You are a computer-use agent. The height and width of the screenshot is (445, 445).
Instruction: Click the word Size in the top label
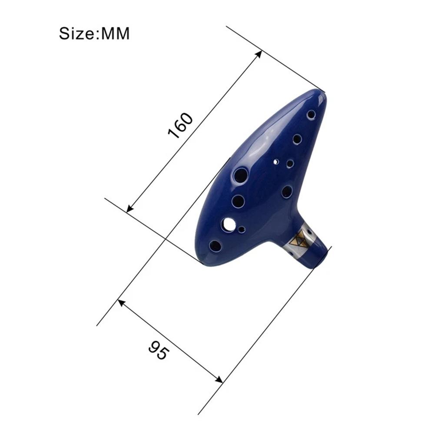point(76,33)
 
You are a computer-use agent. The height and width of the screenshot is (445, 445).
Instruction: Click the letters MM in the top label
point(115,33)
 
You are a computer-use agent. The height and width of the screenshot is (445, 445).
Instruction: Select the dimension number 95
point(158,350)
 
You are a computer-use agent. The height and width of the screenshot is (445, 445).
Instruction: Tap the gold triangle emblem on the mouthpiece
point(299,240)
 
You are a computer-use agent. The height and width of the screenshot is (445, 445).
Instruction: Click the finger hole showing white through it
point(229,224)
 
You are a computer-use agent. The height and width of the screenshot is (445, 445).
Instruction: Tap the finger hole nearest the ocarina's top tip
point(311,115)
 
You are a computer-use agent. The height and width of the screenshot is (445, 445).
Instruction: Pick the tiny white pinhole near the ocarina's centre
point(276,162)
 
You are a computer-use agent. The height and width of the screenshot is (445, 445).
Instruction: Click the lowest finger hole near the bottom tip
point(215,246)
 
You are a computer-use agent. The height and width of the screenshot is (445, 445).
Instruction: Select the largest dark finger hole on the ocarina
point(240,175)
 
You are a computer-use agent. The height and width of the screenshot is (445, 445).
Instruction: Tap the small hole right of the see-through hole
point(242,229)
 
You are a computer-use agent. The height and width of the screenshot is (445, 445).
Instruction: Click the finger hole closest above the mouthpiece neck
point(287,192)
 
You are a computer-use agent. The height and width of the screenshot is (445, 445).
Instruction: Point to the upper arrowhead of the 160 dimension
point(259,53)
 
